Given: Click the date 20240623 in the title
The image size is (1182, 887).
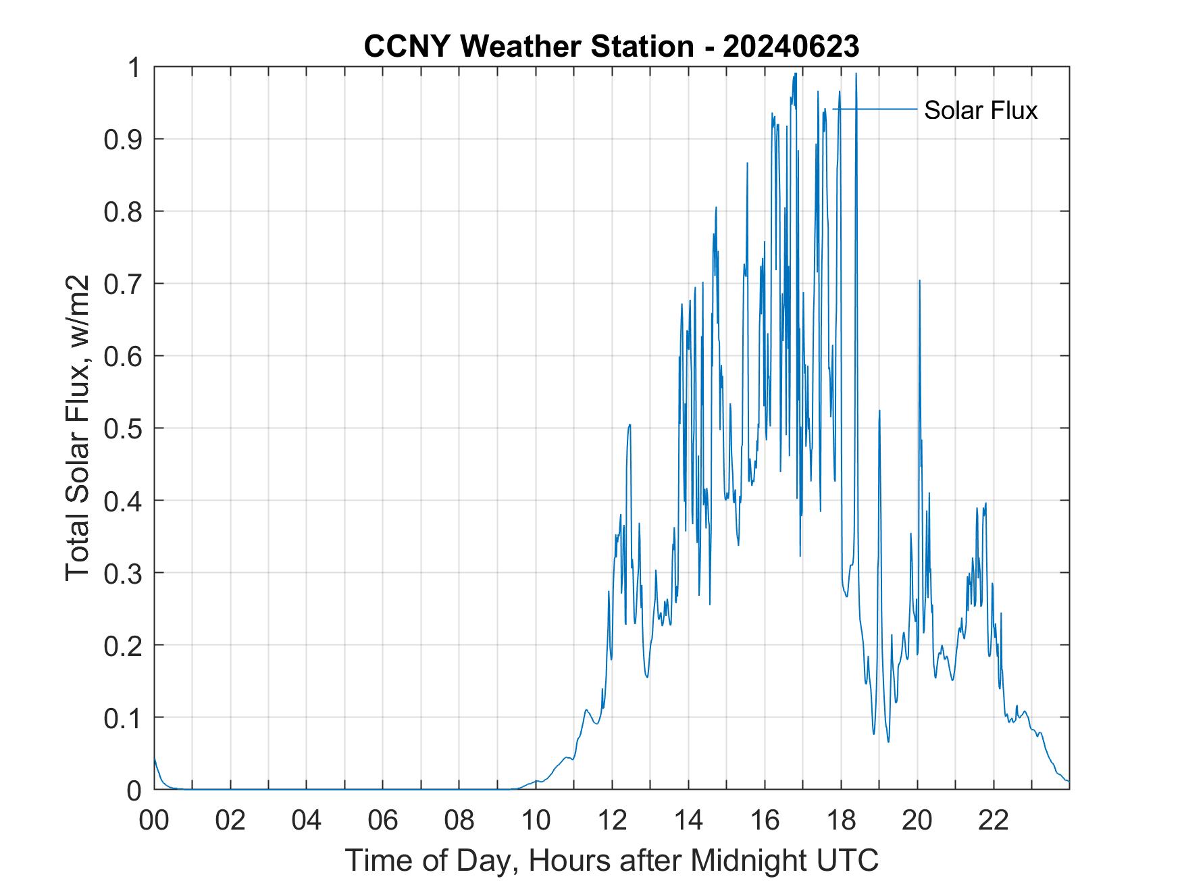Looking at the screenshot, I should [x=791, y=47].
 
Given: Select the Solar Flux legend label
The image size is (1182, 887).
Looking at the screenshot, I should [x=980, y=110].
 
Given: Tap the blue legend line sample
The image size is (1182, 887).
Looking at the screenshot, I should [x=875, y=109].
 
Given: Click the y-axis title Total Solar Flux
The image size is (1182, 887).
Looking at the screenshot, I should [x=78, y=427].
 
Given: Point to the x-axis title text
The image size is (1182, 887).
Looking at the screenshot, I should [x=611, y=860].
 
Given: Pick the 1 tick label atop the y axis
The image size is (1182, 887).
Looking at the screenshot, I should [x=135, y=68].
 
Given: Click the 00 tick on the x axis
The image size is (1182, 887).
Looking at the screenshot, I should [x=154, y=820].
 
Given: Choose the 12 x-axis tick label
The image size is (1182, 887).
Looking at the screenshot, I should [x=612, y=820].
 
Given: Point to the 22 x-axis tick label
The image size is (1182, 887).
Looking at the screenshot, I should [x=994, y=820].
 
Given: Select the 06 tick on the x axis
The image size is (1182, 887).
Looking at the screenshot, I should [x=383, y=820].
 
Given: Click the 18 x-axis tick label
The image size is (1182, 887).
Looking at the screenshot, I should [x=841, y=820].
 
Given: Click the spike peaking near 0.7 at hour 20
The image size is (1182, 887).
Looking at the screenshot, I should [x=919, y=281].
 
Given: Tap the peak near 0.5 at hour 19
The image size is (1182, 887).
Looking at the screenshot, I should [x=879, y=411].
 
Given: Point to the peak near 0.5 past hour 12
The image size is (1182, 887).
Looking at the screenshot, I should [x=629, y=425].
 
